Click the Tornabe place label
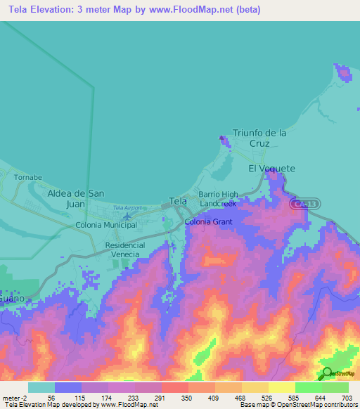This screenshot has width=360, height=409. (x=27, y=177)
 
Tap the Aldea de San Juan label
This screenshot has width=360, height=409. (x=75, y=198)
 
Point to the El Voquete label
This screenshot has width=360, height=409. (x=271, y=169)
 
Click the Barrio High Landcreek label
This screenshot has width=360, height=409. (x=218, y=198)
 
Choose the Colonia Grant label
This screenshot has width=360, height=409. (x=208, y=221)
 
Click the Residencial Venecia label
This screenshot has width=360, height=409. (x=125, y=249)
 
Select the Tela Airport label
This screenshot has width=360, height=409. (x=127, y=208)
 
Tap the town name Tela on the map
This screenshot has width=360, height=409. (x=178, y=201)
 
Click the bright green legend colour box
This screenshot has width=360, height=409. (x=308, y=387)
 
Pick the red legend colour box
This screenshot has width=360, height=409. (x=174, y=387)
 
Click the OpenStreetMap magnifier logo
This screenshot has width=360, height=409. (x=327, y=373)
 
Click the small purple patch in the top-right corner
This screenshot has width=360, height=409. (x=343, y=72)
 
